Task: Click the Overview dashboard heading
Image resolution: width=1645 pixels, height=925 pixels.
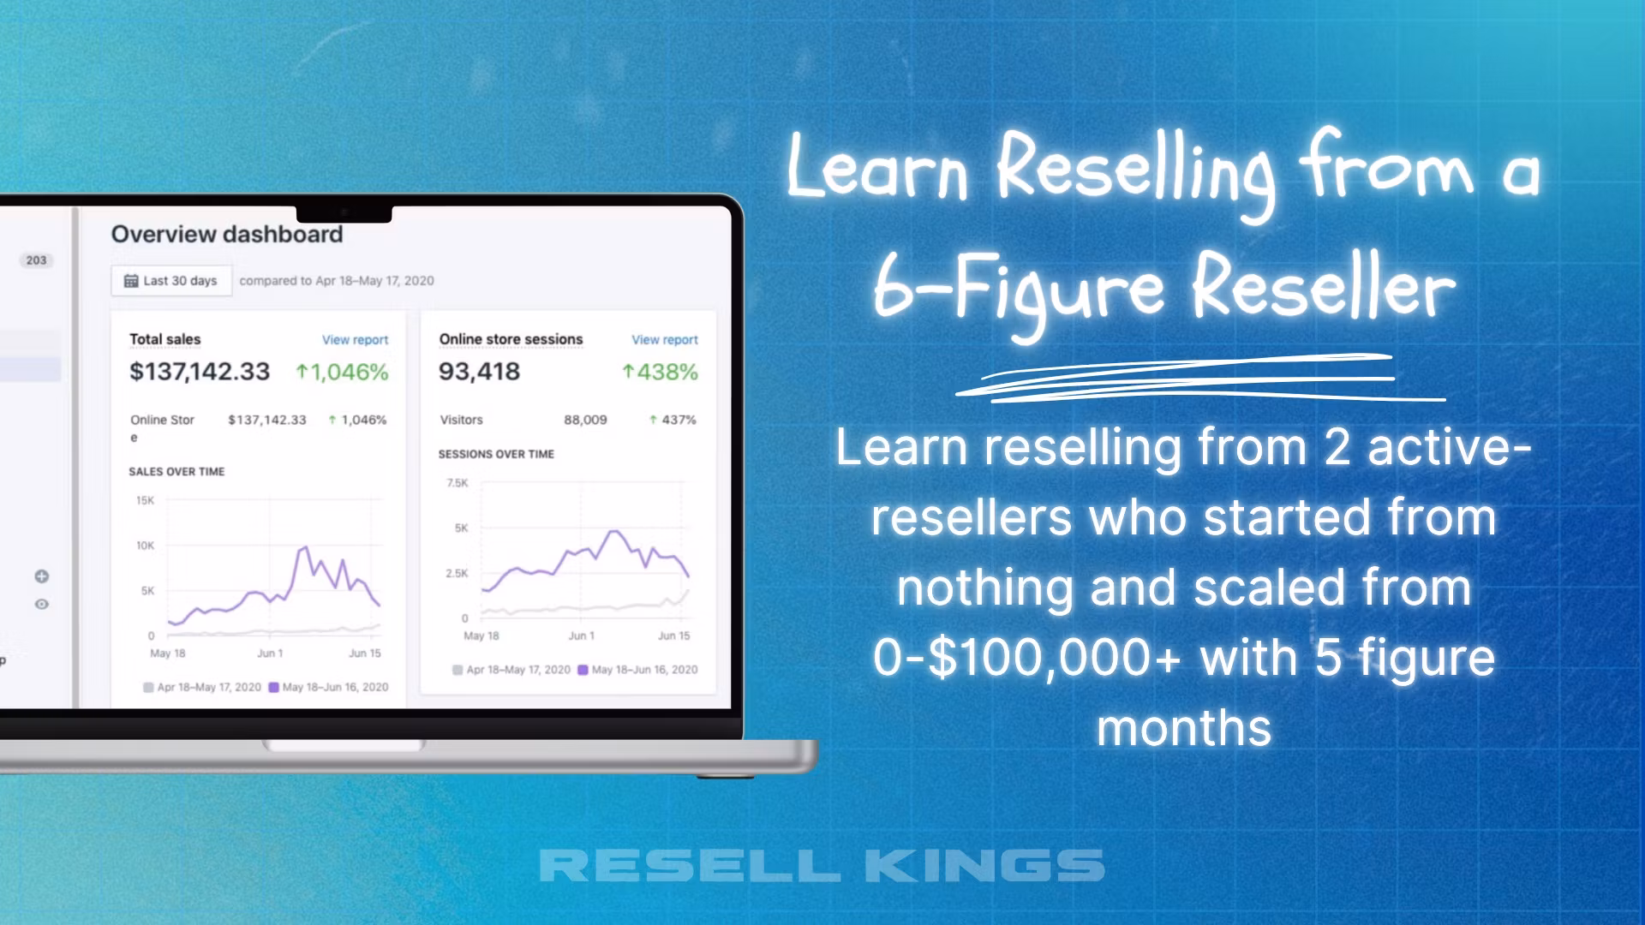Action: pos(227,235)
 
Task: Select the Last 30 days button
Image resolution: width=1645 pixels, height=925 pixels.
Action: pos(171,281)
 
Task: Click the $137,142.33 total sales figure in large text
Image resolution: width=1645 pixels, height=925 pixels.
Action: pos(200,372)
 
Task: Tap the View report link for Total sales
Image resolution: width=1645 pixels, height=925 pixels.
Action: pos(355,340)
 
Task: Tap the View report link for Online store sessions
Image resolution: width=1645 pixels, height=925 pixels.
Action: pos(665,340)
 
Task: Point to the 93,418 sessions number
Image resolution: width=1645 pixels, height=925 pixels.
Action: pos(479,372)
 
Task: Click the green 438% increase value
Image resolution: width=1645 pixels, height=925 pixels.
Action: pos(660,373)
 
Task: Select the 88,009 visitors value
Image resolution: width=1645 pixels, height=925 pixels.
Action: pos(585,420)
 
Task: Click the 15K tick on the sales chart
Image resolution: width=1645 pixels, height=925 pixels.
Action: pos(145,500)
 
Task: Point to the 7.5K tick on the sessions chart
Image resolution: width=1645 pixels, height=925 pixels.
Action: pos(458,483)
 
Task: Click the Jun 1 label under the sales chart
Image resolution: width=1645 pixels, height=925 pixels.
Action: pos(270,653)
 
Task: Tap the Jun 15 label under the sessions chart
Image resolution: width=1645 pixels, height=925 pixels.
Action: pos(673,636)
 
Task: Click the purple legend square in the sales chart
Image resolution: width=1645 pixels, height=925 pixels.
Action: pos(274,688)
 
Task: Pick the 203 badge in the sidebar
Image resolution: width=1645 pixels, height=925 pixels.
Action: pos(36,260)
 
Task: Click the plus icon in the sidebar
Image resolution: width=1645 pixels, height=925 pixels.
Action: pos(41,576)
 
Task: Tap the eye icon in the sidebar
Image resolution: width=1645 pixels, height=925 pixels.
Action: pos(41,605)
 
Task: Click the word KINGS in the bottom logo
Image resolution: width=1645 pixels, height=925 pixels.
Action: pos(984,866)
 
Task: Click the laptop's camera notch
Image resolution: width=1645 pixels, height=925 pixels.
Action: pos(344,213)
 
